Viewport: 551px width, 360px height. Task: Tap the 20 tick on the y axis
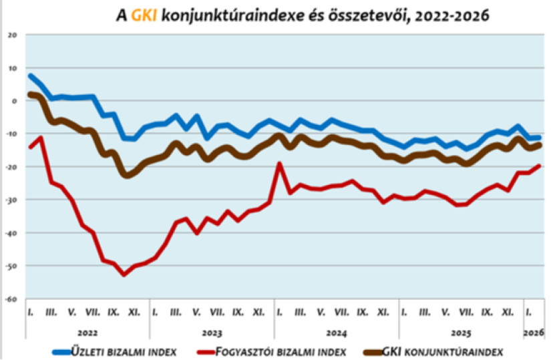click(13, 35)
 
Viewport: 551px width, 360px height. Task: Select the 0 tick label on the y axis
click(15, 101)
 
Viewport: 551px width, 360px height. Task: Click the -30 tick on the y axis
click(11, 200)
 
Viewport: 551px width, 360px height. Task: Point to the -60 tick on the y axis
click(11, 299)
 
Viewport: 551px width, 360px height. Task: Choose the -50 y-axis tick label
click(11, 266)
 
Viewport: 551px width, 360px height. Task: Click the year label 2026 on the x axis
click(534, 332)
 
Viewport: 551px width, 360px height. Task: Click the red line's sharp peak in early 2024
click(280, 164)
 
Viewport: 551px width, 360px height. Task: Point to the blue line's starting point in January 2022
click(31, 76)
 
